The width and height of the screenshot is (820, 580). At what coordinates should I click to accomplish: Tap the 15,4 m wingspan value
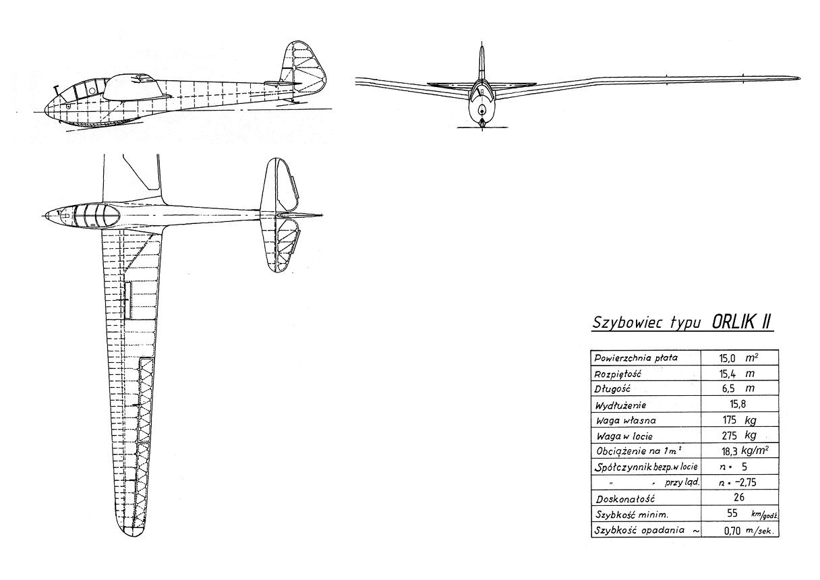point(736,374)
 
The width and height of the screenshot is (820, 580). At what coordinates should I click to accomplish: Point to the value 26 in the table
point(738,497)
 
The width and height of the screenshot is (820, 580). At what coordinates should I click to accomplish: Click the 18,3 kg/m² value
point(745,451)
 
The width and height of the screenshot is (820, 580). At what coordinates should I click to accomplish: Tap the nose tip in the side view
point(45,110)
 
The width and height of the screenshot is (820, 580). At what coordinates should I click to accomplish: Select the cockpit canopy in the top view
point(92,215)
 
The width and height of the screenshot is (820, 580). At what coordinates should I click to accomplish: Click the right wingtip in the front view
point(797,78)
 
